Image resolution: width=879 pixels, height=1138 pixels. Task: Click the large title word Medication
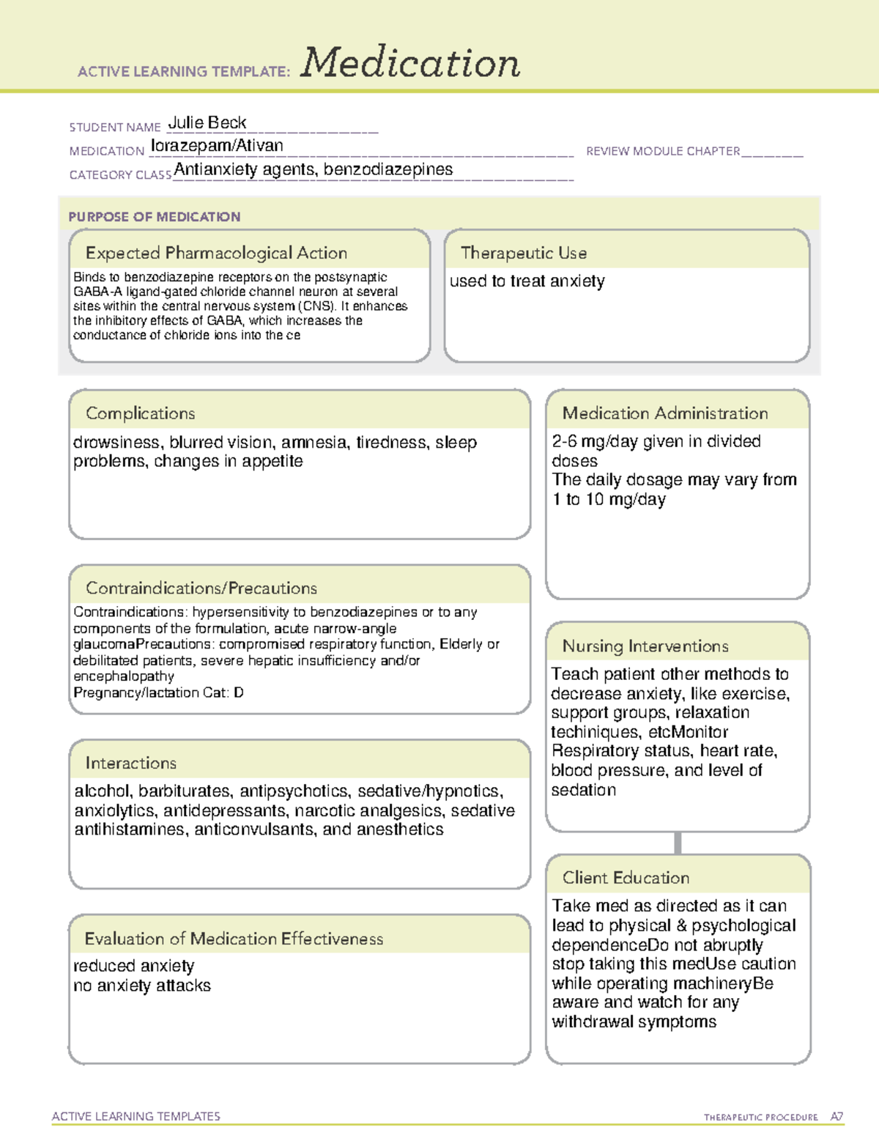(410, 64)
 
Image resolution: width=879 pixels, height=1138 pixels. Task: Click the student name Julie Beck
(207, 122)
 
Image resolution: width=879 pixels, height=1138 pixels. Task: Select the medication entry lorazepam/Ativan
(217, 146)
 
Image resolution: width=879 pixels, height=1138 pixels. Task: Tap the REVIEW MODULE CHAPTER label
(663, 151)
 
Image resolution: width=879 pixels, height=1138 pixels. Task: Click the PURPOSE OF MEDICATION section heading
(154, 217)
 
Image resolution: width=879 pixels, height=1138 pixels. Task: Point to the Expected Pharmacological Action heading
(216, 253)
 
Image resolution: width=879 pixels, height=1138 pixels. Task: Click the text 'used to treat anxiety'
(527, 281)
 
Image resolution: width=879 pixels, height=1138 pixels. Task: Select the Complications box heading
(140, 413)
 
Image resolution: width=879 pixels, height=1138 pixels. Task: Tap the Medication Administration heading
(664, 413)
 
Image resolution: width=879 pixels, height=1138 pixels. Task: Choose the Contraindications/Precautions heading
(201, 588)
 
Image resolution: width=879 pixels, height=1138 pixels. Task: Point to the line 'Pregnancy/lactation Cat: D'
(158, 692)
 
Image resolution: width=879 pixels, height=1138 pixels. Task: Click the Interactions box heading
(130, 764)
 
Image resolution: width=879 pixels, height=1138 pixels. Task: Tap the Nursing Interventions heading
(645, 646)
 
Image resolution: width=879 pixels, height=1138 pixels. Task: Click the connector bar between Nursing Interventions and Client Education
(678, 843)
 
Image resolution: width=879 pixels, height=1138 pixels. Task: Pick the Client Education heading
(626, 878)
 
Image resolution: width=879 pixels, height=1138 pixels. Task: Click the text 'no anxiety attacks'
(142, 986)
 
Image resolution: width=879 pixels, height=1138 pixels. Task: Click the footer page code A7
(837, 1117)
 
